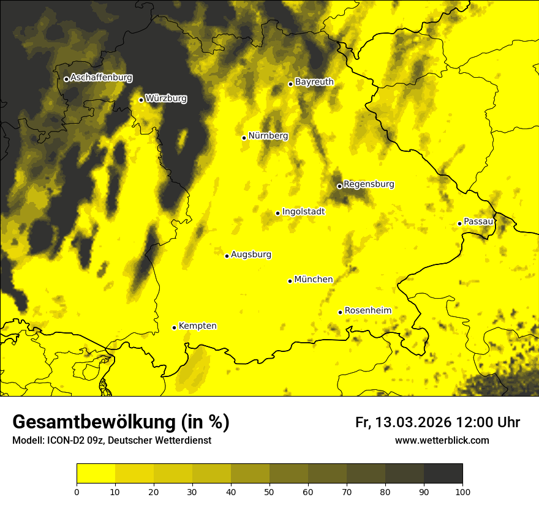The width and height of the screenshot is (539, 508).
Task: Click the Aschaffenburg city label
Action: click(101, 78)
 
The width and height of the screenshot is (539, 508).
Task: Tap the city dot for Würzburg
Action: click(141, 100)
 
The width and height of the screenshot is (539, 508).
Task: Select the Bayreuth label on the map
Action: click(314, 82)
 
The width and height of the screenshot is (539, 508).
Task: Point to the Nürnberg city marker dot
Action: click(244, 138)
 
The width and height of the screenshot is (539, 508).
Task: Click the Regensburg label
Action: click(369, 184)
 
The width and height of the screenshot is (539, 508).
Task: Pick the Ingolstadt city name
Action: click(303, 212)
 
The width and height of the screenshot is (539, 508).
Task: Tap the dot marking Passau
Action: click(459, 223)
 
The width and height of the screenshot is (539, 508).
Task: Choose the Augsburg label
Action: click(251, 255)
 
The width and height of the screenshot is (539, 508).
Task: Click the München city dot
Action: click(290, 281)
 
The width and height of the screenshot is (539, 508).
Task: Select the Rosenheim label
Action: click(367, 311)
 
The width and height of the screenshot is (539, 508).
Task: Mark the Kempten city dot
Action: click(174, 327)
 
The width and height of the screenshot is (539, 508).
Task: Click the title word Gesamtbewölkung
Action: click(93, 422)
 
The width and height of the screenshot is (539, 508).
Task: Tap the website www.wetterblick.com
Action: click(442, 440)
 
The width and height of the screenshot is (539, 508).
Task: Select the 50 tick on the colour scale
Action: click(269, 491)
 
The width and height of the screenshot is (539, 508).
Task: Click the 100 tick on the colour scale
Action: click(462, 491)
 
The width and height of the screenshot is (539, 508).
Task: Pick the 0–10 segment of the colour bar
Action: click(96, 474)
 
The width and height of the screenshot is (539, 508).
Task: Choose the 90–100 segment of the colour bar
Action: click(443, 474)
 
